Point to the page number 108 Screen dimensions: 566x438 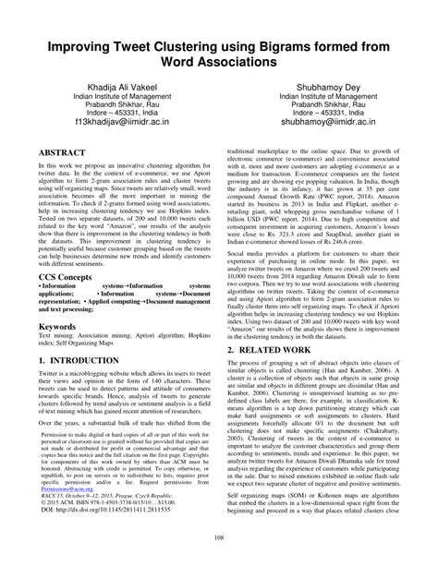[x=219, y=538]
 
